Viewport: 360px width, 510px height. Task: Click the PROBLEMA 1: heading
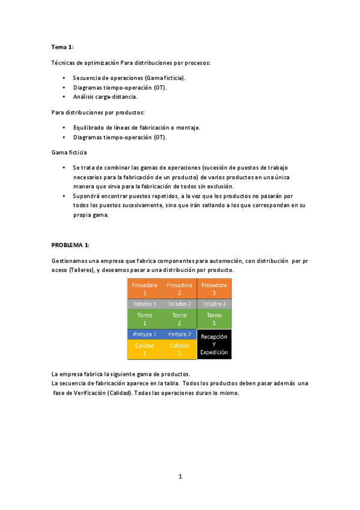[x=70, y=245]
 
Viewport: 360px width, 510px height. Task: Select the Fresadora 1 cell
[x=144, y=288]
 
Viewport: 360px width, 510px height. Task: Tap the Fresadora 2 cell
[x=179, y=288]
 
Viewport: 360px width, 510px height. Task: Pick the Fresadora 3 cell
[x=214, y=288]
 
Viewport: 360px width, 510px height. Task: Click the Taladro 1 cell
[x=144, y=304]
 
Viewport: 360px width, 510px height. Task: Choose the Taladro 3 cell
[x=214, y=304]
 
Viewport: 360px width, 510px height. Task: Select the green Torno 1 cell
[x=144, y=319]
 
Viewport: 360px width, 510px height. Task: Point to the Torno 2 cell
[x=179, y=319]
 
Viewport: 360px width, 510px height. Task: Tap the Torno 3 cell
[x=214, y=319]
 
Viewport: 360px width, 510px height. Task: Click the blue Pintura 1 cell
[x=144, y=334]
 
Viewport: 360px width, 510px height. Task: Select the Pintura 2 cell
[x=179, y=334]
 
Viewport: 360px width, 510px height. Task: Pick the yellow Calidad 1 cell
[x=144, y=349]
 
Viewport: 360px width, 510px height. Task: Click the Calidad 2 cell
[x=179, y=349]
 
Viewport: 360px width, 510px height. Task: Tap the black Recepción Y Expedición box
[x=214, y=345]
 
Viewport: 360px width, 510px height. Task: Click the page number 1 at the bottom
[x=180, y=477]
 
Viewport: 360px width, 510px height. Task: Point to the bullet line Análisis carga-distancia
[x=105, y=96]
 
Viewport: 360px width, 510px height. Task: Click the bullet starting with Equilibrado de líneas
[x=136, y=127]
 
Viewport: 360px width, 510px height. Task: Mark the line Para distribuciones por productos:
[x=98, y=112]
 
